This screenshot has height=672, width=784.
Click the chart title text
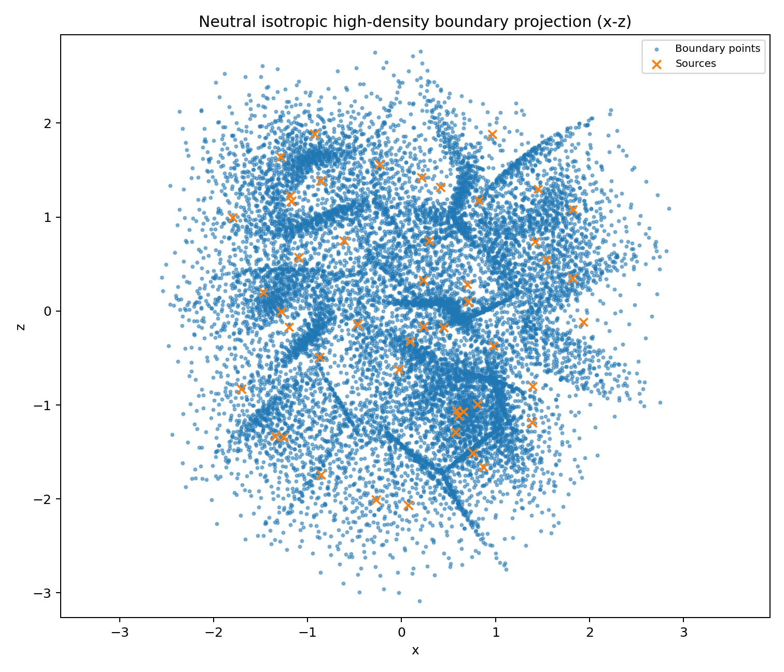tap(415, 22)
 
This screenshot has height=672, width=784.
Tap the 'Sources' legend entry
tap(695, 64)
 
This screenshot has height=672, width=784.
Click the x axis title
tap(415, 651)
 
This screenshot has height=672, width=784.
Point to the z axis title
tap(21, 327)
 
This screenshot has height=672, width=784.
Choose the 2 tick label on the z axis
tap(51, 123)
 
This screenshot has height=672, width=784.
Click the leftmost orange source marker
tap(233, 218)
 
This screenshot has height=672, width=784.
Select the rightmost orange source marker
tap(583, 323)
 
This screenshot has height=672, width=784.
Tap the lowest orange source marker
tap(408, 505)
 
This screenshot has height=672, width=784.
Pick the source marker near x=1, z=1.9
tap(492, 135)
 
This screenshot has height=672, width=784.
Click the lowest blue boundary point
tap(419, 601)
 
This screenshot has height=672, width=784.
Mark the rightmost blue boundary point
tap(669, 208)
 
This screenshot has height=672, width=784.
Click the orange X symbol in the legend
tap(656, 64)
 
